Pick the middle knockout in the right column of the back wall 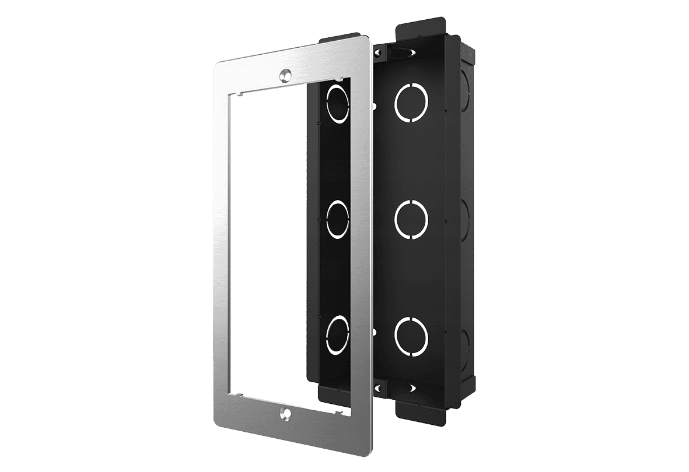pyautogui.click(x=411, y=219)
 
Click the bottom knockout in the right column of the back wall pyautogui.click(x=411, y=334)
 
